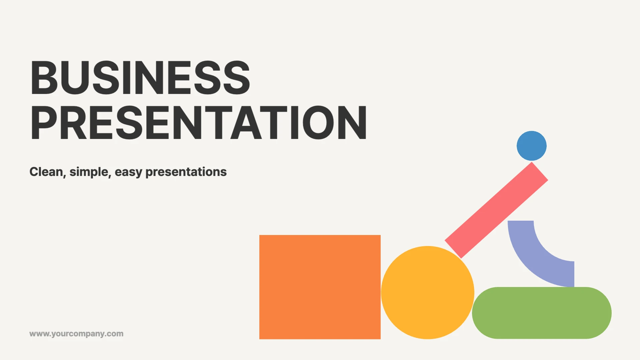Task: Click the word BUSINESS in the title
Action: coord(140,77)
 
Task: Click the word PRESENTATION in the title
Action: coord(199,122)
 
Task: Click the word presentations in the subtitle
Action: coord(186,172)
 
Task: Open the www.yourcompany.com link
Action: coord(76,334)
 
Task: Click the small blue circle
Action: coord(532,146)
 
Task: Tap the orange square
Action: coord(320,287)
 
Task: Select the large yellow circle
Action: coord(428,293)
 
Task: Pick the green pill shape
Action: coord(542,313)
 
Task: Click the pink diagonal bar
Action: coord(496,210)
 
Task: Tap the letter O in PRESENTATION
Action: coord(318,122)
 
